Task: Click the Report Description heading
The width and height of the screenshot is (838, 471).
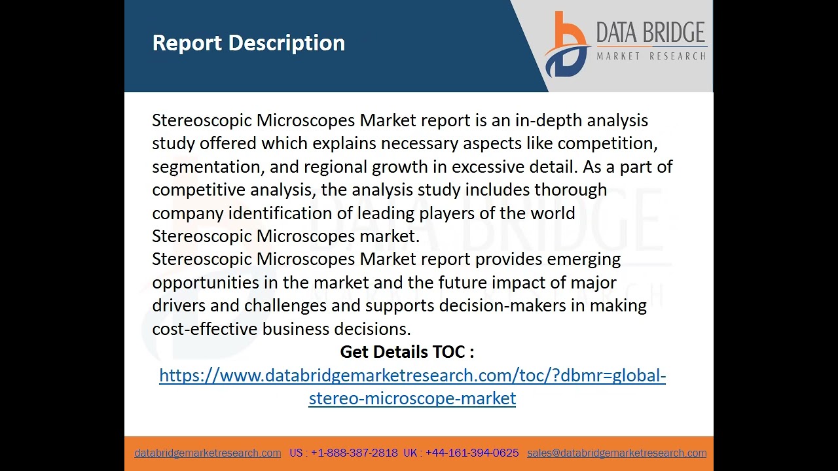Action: pyautogui.click(x=248, y=43)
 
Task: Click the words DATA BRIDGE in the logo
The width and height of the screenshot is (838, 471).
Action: pyautogui.click(x=651, y=33)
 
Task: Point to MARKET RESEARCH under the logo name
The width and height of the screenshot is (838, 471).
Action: pyautogui.click(x=651, y=56)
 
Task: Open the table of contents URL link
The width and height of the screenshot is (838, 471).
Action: pyautogui.click(x=412, y=375)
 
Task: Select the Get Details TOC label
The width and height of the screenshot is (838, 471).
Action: pyautogui.click(x=407, y=352)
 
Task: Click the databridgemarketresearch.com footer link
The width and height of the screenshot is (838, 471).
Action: pyautogui.click(x=208, y=453)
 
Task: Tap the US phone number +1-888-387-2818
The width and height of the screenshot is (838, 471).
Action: pyautogui.click(x=354, y=453)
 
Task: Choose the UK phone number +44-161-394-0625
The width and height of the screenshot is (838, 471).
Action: pyautogui.click(x=472, y=453)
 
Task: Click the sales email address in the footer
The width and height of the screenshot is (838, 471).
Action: pyautogui.click(x=617, y=453)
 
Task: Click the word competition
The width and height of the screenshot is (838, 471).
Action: pyautogui.click(x=607, y=143)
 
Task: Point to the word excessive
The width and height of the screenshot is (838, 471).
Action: pyautogui.click(x=488, y=167)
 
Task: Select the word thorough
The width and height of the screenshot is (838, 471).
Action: pyautogui.click(x=570, y=190)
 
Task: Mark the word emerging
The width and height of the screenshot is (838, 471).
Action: pyautogui.click(x=583, y=260)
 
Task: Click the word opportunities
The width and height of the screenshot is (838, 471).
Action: pyautogui.click(x=206, y=283)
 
